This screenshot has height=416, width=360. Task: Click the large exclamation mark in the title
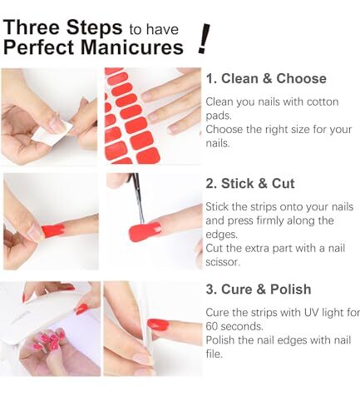tap(204, 37)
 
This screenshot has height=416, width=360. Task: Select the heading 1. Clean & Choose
tap(266, 79)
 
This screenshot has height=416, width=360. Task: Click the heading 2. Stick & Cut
tap(249, 184)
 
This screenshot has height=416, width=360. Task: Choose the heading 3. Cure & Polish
tap(259, 290)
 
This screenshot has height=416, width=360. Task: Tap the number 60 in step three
tap(214, 327)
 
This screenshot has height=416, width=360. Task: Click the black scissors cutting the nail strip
tap(138, 200)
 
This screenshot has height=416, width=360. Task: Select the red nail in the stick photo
tap(52, 230)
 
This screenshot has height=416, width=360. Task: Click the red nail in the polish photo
tap(157, 324)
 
